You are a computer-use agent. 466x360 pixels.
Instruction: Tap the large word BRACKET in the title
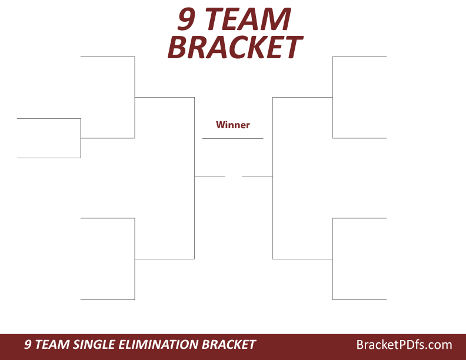[234, 48]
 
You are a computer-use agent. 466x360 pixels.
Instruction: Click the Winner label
[232, 125]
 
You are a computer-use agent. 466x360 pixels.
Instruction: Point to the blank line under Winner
[232, 138]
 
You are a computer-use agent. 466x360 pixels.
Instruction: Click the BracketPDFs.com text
[404, 345]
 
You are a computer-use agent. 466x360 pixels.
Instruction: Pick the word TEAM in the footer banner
[49, 345]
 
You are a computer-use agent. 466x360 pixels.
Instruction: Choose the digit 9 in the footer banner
[28, 345]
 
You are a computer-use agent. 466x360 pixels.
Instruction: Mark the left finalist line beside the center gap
[209, 176]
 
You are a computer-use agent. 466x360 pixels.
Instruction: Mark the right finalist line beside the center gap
[257, 176]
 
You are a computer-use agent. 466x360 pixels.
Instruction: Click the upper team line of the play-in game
[48, 118]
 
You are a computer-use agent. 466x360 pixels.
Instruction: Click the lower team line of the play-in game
[48, 158]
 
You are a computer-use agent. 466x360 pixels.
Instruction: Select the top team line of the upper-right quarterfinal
[360, 56]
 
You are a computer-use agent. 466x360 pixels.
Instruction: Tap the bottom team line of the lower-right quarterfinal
[360, 299]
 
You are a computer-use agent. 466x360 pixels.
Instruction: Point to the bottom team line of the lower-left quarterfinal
[107, 299]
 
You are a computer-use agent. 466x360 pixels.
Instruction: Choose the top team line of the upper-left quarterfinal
[107, 56]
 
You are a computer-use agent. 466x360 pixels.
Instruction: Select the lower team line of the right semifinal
[302, 259]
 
